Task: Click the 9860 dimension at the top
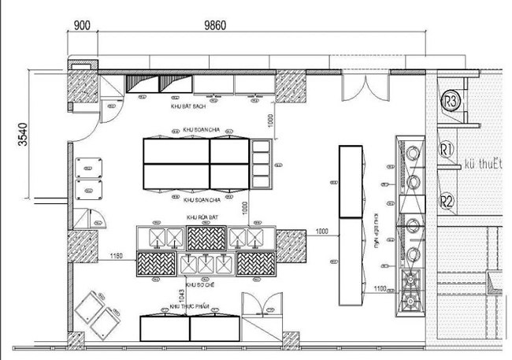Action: (215, 24)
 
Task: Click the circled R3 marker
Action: (451, 101)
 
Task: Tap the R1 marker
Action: (447, 149)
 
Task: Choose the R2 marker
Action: (447, 201)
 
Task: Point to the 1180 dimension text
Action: (117, 256)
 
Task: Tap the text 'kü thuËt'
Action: (481, 163)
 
